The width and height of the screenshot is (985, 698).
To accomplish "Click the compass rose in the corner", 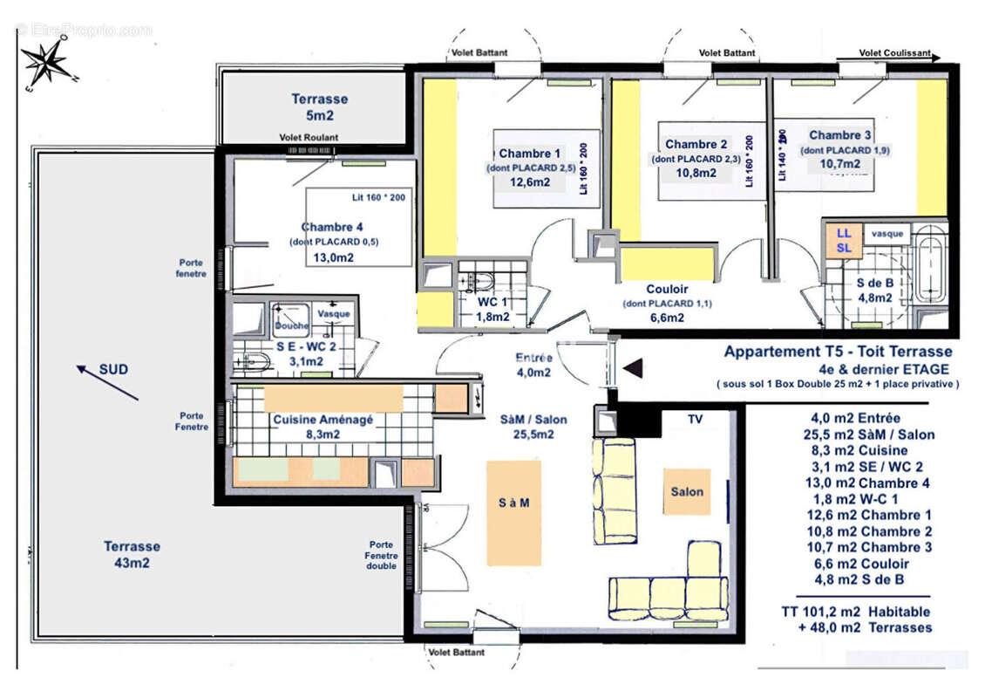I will pyautogui.click(x=45, y=65).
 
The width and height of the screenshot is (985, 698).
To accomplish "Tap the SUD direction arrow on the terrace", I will pyautogui.click(x=106, y=382).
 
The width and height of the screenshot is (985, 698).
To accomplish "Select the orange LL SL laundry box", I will pyautogui.click(x=844, y=241).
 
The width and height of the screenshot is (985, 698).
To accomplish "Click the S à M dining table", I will pyautogui.click(x=513, y=504).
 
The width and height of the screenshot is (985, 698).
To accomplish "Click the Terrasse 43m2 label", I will pyautogui.click(x=132, y=554).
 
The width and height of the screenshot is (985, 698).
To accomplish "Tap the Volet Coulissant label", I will pyautogui.click(x=894, y=53).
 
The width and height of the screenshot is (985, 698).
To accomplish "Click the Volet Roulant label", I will pyautogui.click(x=309, y=138).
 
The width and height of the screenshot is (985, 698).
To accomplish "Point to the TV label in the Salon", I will pyautogui.click(x=695, y=420).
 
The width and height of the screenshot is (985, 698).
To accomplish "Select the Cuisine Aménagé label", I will pyautogui.click(x=323, y=420).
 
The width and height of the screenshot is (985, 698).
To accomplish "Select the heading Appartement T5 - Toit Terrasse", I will pyautogui.click(x=838, y=352).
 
